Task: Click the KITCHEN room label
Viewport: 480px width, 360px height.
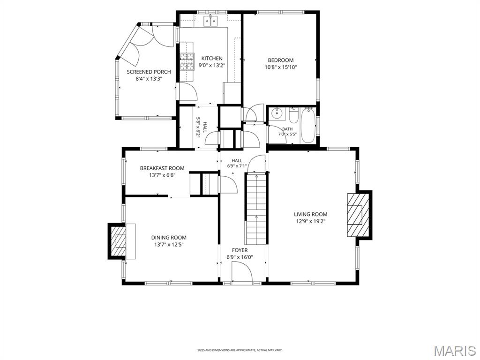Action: (x=211, y=58)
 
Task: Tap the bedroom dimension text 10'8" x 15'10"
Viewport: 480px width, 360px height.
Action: (x=281, y=67)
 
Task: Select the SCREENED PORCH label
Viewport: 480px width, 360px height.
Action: (x=149, y=72)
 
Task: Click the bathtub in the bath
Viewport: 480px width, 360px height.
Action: (x=307, y=126)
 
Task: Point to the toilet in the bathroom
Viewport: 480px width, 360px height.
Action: (x=293, y=115)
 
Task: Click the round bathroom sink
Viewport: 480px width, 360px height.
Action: (x=277, y=113)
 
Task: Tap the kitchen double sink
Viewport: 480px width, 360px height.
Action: (x=210, y=21)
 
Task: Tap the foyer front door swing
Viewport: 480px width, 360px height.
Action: (x=242, y=272)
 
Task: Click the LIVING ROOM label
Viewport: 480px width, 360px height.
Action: (x=310, y=215)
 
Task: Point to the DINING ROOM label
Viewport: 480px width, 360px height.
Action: (x=169, y=238)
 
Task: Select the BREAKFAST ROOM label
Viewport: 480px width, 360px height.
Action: (x=162, y=168)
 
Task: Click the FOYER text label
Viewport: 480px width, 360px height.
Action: (x=240, y=250)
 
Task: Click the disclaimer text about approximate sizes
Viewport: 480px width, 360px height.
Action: (x=240, y=350)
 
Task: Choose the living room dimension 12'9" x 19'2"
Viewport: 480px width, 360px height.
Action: (x=310, y=222)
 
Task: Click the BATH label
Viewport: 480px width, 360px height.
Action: (x=287, y=129)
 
